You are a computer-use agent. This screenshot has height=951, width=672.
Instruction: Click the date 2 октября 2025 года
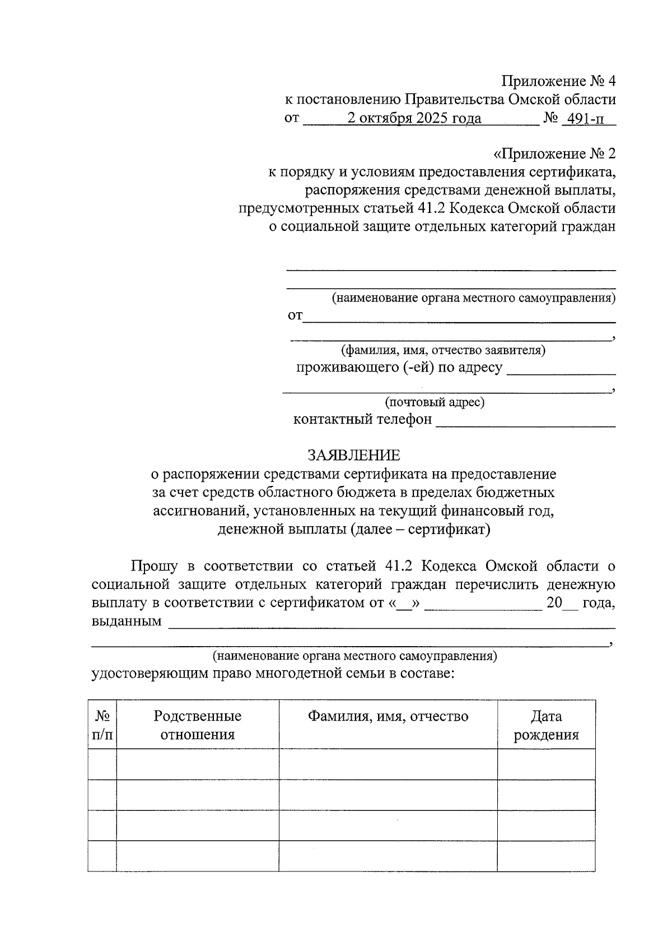414,119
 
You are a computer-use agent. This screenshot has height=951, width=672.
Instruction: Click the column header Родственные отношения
197,725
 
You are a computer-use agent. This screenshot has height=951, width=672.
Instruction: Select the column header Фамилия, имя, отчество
388,716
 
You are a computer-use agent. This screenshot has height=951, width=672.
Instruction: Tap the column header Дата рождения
546,725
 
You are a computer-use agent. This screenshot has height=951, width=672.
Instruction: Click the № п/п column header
102,725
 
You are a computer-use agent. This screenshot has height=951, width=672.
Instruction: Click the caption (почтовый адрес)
434,402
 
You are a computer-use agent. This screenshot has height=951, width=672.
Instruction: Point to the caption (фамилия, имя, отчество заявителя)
444,350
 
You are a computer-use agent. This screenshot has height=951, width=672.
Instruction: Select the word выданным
127,621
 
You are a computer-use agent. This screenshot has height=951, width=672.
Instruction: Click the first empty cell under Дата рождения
546,764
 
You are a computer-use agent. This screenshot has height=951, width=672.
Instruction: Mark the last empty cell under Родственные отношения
197,856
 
